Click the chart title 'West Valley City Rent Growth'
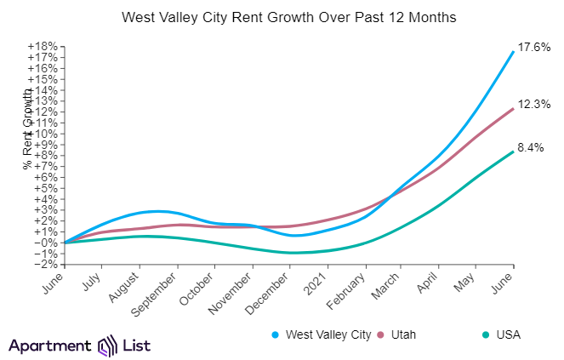pos(282,17)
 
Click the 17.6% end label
pos(535,48)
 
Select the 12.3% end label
pos(535,104)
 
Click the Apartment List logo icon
pos(107,346)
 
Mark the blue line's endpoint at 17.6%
pos(513,52)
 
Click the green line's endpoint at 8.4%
pos(513,151)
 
